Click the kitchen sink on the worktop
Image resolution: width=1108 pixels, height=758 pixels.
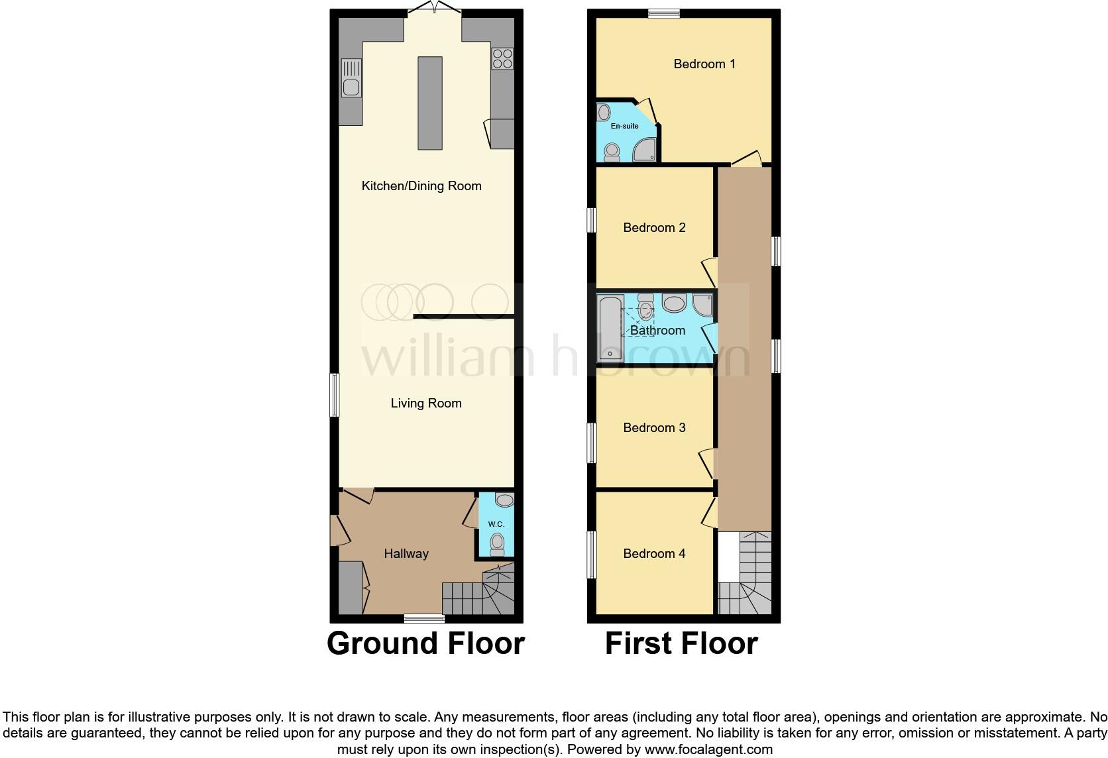point(351,78)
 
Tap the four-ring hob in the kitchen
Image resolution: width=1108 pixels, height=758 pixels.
point(502,58)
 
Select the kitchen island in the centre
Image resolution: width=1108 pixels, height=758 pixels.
point(429,103)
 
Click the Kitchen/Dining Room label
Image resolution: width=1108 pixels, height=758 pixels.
point(421,186)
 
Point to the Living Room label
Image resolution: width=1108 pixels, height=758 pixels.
point(426,404)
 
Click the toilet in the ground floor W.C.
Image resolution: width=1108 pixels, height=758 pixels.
point(496,545)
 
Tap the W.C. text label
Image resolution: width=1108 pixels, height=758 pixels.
point(496,524)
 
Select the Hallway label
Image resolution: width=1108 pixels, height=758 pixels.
point(406,554)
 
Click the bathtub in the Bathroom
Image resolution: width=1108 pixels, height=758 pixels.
point(610,329)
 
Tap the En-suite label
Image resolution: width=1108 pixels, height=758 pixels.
point(624,126)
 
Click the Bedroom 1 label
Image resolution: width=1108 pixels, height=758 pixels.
point(704,64)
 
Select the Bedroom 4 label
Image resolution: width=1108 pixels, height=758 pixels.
point(654,554)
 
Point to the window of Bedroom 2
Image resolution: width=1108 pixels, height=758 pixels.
point(592,220)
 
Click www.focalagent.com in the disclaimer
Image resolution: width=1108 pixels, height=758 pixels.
point(708,750)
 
